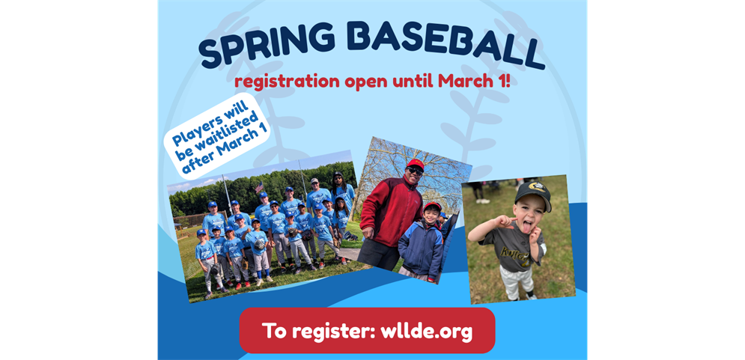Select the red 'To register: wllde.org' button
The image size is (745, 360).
click(367, 331)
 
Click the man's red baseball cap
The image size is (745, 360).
click(415, 163)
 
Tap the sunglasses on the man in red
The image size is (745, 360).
click(415, 171)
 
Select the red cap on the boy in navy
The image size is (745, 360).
click(432, 207)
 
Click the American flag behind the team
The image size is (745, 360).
click(259, 189)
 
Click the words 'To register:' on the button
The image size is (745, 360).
click(314, 331)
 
